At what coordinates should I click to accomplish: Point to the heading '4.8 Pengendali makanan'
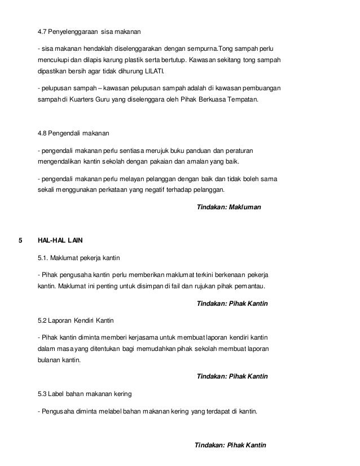[x=73, y=134]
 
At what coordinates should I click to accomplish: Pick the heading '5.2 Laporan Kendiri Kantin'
[x=76, y=320]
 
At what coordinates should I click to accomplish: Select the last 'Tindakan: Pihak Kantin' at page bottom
[x=230, y=445]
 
